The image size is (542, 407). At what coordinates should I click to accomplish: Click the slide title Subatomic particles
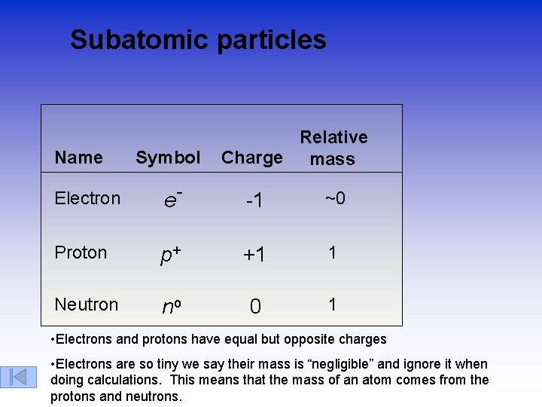pyautogui.click(x=198, y=40)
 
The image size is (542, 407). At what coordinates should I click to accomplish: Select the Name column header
pyautogui.click(x=78, y=158)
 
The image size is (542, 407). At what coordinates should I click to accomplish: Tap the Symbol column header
pyautogui.click(x=168, y=158)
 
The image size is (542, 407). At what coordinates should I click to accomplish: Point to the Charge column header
pyautogui.click(x=251, y=158)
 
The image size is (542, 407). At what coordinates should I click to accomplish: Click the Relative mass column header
pyautogui.click(x=333, y=148)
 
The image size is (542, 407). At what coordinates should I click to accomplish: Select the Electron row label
pyautogui.click(x=87, y=198)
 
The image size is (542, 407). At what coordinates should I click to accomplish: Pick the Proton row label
pyautogui.click(x=81, y=252)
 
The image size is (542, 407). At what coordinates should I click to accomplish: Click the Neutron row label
pyautogui.click(x=86, y=304)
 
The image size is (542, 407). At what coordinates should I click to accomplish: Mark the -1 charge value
pyautogui.click(x=254, y=200)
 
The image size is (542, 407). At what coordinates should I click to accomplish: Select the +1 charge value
pyautogui.click(x=254, y=255)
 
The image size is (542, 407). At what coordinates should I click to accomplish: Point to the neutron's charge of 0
pyautogui.click(x=255, y=306)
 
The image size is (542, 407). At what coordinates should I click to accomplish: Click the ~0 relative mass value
pyautogui.click(x=335, y=198)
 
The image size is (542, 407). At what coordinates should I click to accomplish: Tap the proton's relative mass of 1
pyautogui.click(x=332, y=252)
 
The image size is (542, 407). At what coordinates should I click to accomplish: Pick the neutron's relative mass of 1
pyautogui.click(x=332, y=304)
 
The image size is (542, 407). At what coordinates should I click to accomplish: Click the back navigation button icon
pyautogui.click(x=19, y=376)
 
